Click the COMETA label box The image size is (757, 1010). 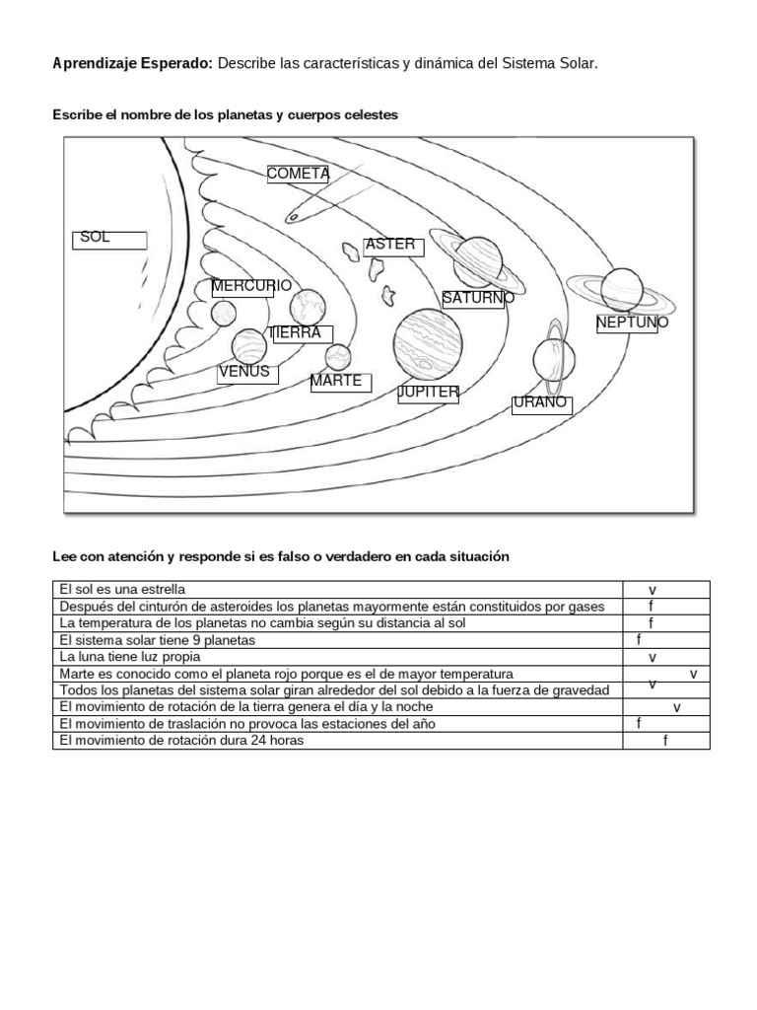pos(298,175)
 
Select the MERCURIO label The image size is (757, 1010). pos(251,286)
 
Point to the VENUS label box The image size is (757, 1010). pos(246,373)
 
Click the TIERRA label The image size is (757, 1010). pos(299,334)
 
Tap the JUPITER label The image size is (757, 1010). pos(429,393)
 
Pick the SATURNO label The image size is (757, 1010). pos(478,298)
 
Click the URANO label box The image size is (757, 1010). pos(540,403)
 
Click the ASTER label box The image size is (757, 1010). pos(392,246)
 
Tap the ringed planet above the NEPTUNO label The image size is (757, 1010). pos(622,288)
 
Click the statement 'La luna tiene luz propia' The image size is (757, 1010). pos(130,656)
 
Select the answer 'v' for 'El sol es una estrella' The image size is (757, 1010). pos(653,589)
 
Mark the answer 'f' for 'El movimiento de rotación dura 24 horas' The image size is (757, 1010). pos(665,740)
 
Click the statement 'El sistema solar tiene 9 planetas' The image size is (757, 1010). pos(157,639)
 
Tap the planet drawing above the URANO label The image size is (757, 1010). pos(549,359)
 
